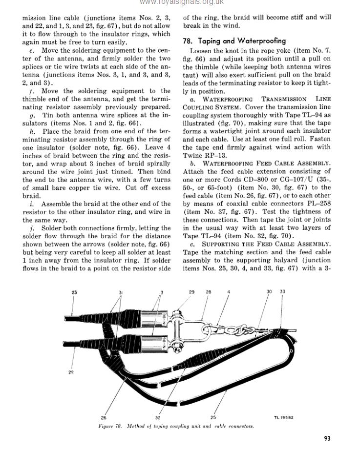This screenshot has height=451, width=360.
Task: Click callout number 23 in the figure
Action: tap(74, 292)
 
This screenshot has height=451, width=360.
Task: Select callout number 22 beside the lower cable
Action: tap(71, 372)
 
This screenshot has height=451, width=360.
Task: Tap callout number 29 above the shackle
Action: tap(191, 292)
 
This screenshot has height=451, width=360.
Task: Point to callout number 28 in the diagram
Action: tap(209, 292)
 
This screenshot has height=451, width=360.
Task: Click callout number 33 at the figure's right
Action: tap(282, 292)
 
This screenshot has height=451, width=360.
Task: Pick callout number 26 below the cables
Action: tap(104, 417)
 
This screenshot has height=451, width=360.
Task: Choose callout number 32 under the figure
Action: tap(158, 417)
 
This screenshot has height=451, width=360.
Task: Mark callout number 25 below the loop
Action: tap(213, 417)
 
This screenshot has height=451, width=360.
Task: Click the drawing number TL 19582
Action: tap(284, 418)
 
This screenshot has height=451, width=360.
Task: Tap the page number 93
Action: tap(327, 438)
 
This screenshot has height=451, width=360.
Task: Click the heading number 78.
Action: tap(187, 41)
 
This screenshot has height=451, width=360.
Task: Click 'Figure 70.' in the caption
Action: tap(109, 426)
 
